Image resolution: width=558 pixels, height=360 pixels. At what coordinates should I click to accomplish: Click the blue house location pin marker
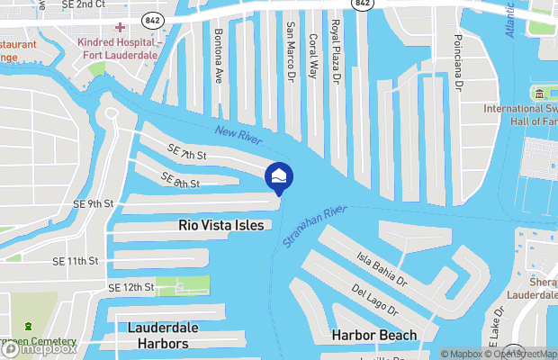(279, 175)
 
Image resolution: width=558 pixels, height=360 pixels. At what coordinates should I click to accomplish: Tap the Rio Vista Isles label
(221, 225)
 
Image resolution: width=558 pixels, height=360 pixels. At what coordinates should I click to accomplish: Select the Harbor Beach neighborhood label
(373, 336)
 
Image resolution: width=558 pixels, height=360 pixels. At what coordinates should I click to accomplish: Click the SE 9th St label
(94, 203)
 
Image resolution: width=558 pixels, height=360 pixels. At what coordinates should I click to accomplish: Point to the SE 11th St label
(74, 261)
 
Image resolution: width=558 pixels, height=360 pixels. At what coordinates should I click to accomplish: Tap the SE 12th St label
(131, 287)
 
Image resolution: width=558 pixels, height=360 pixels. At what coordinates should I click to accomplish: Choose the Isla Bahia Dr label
(384, 266)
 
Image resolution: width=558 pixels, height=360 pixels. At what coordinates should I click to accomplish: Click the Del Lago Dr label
(374, 301)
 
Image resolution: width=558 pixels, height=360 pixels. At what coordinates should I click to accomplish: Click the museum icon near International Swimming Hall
(539, 94)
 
